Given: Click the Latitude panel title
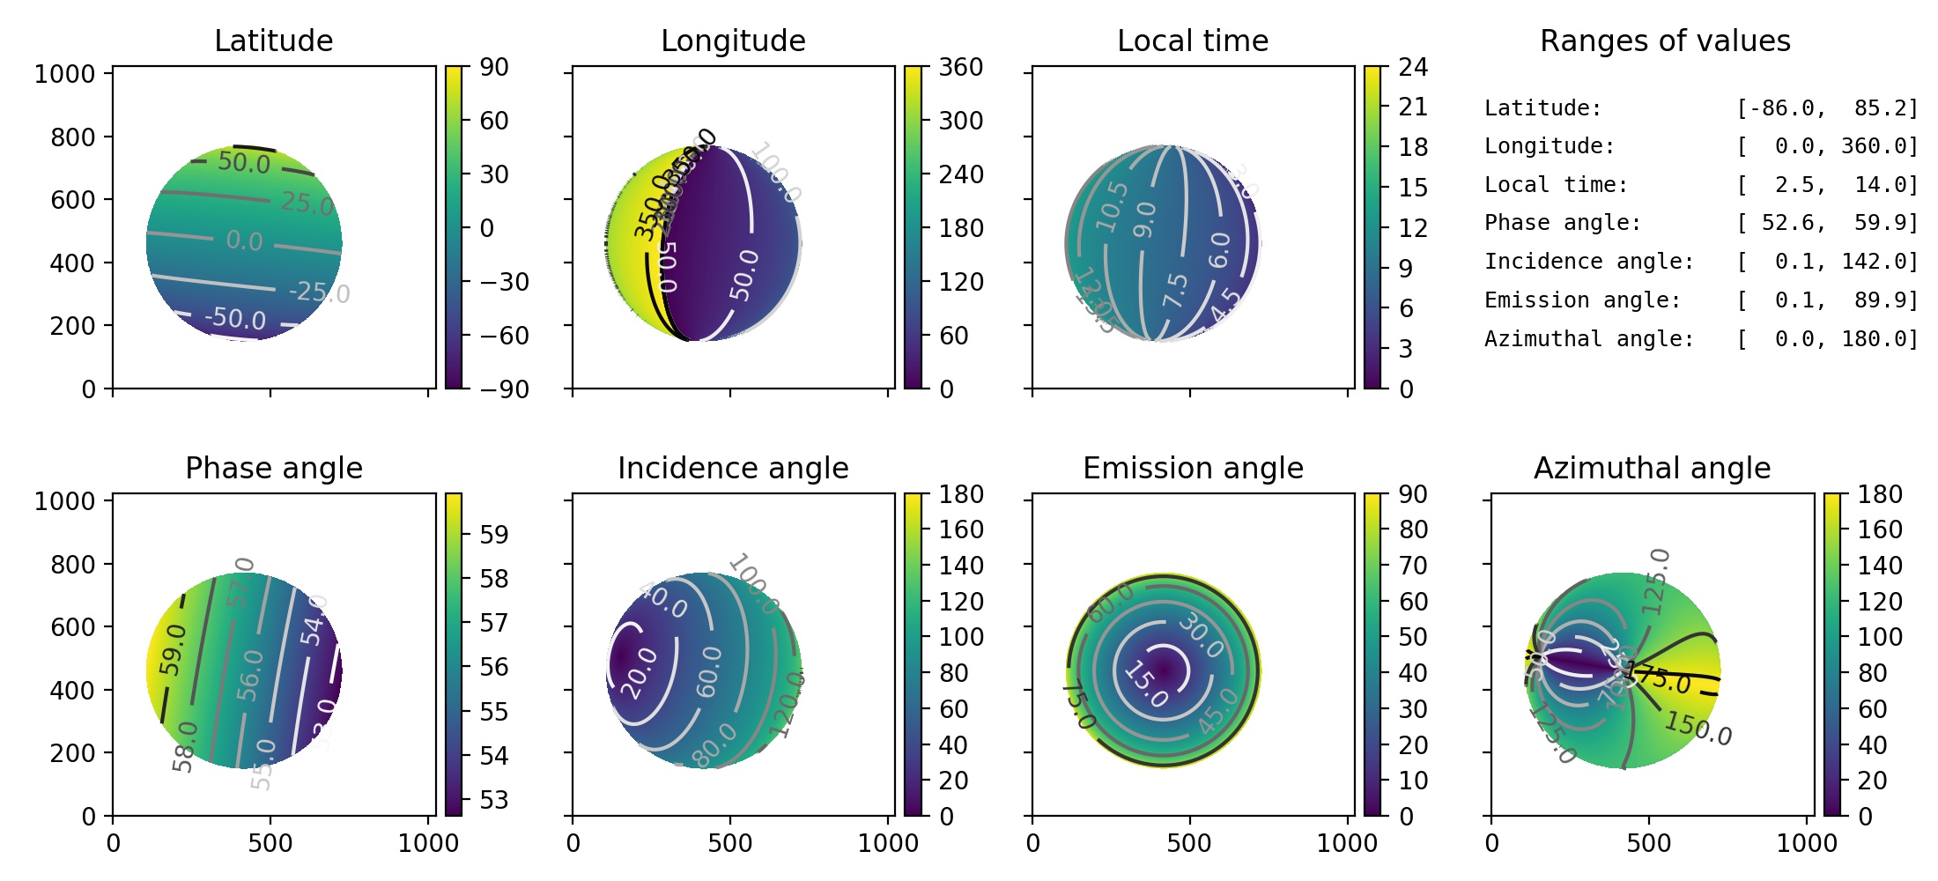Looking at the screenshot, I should pos(273,41).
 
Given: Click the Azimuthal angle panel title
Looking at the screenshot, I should pos(1652,468).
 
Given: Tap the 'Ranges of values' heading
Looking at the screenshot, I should pos(1665,41).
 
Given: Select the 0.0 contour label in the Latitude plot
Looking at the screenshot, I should pos(244,241).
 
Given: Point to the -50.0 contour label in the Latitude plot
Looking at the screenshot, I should pos(235,317).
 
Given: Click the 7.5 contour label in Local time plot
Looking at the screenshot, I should pos(1175,291).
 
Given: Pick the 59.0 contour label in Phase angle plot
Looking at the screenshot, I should pos(174,649).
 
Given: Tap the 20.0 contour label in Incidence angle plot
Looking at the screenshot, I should pos(640,672).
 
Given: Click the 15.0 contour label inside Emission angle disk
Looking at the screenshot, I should pos(1145,685).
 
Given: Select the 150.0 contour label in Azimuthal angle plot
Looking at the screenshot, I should pos(1698,729).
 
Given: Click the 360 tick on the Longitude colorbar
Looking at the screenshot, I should pos(960,67).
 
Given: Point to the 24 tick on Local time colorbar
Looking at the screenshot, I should pos(1413,67).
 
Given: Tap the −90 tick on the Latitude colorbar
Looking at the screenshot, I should pos(504,389).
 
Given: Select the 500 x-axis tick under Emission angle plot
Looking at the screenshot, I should pos(1189,843).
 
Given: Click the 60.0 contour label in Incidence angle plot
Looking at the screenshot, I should pos(709,671).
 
